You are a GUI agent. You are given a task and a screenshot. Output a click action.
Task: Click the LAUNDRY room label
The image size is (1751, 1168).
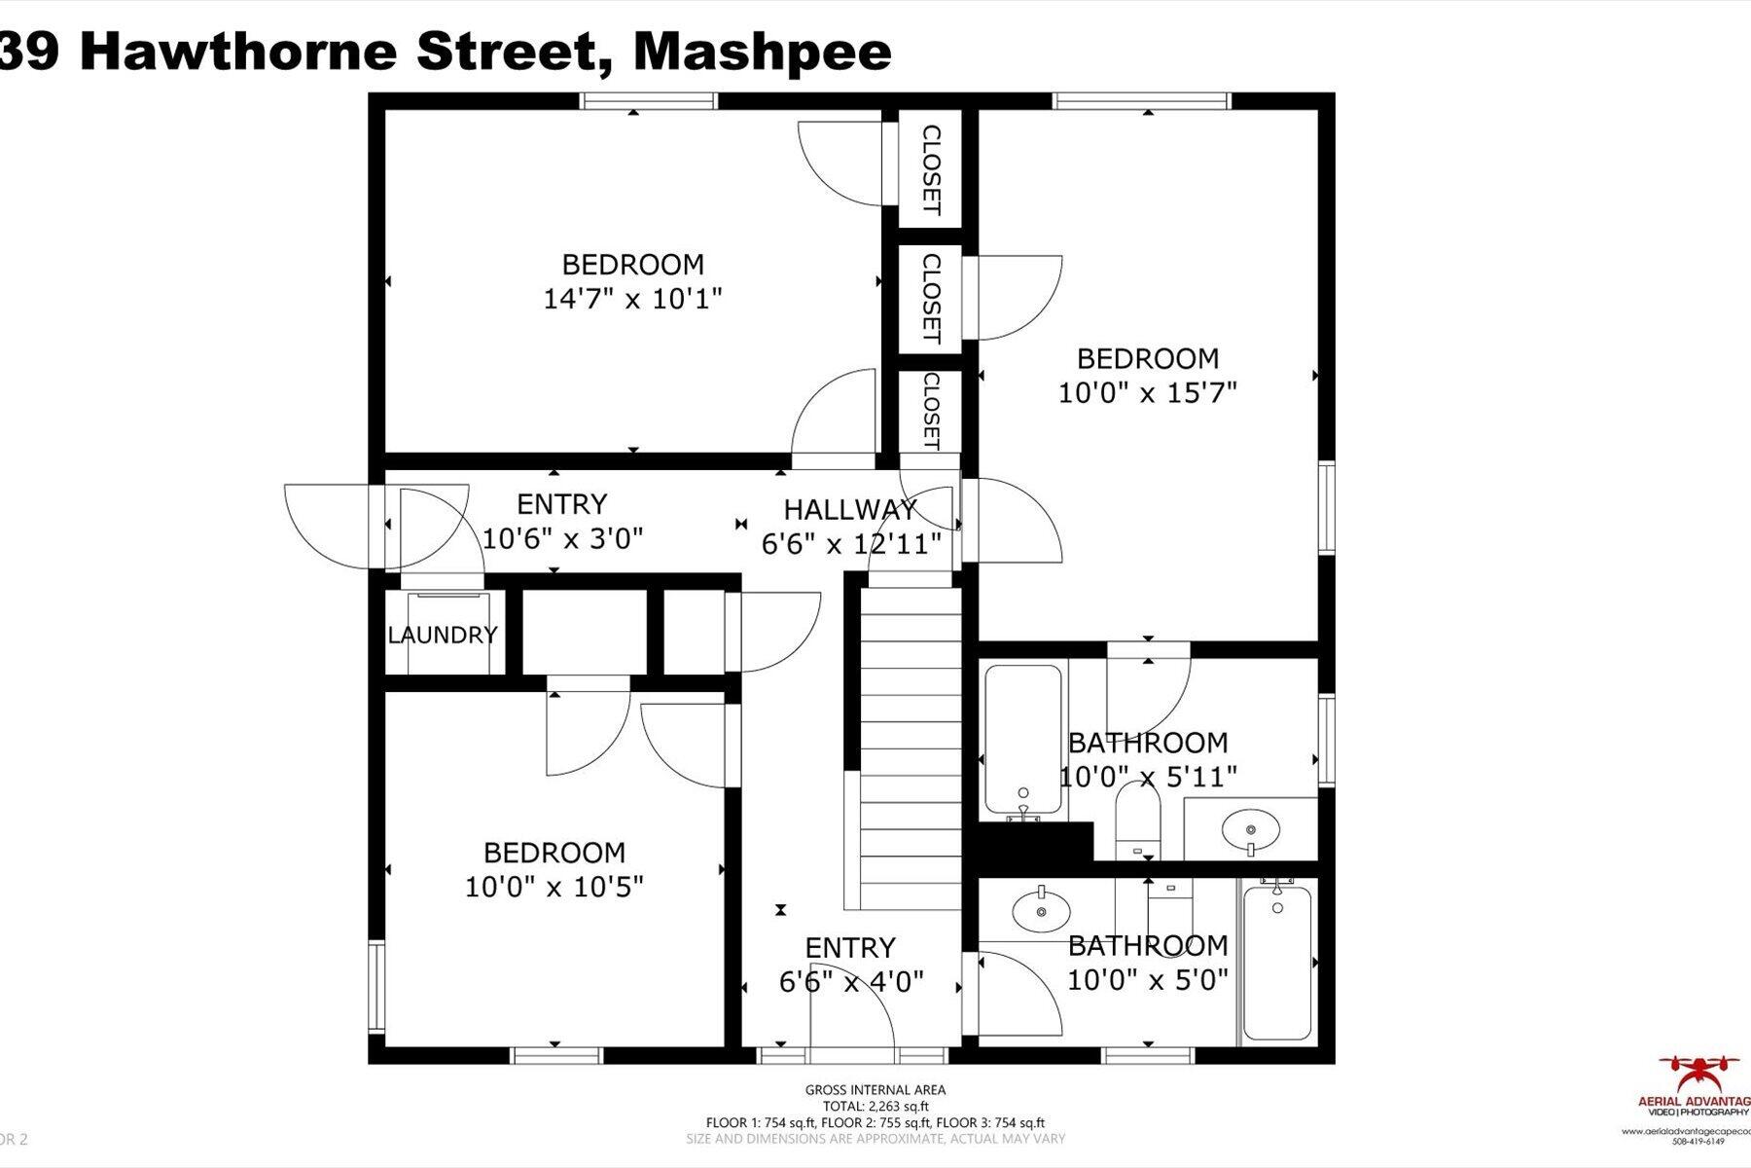(x=443, y=636)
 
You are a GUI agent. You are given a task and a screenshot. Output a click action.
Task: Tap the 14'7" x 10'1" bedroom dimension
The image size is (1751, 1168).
(x=632, y=299)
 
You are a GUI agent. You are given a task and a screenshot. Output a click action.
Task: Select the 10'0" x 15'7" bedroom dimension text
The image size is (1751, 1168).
(x=1147, y=393)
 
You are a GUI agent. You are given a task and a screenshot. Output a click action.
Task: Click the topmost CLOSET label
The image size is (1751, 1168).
(x=931, y=169)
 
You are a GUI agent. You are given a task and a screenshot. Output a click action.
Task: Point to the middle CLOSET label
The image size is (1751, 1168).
(x=931, y=299)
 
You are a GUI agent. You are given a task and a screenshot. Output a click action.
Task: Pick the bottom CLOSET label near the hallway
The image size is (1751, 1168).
(x=931, y=411)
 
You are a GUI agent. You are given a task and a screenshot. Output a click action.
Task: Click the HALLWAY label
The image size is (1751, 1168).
(x=850, y=509)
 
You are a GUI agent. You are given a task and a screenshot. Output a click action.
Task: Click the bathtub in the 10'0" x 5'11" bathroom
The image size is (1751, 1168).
(x=1022, y=740)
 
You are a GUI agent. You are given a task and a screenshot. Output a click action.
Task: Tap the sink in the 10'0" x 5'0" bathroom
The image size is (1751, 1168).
(x=1041, y=912)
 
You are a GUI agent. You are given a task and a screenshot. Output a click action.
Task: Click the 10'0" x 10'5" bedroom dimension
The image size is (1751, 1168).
(x=554, y=888)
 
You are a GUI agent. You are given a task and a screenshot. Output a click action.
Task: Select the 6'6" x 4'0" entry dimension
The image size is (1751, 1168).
(x=851, y=982)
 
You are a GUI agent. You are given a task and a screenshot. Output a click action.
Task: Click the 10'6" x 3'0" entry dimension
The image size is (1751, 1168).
(x=562, y=538)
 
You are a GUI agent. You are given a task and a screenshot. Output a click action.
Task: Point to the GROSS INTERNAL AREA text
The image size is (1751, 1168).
(x=875, y=1090)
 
